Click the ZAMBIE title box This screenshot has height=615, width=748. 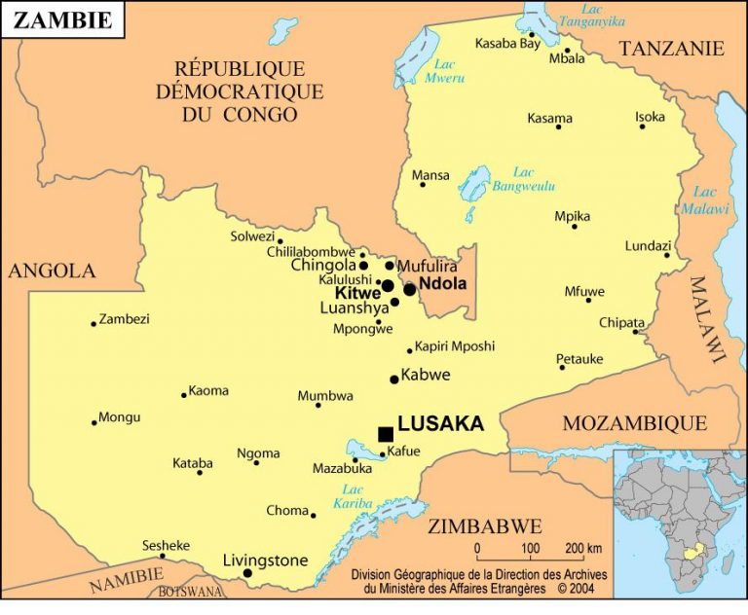tap(62, 19)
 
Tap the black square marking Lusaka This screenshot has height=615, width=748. tap(386, 433)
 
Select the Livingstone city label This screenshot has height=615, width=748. tap(265, 561)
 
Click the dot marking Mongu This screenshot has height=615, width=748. tap(94, 422)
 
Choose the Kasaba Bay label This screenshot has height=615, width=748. tap(506, 44)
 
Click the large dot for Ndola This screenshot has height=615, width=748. tap(410, 289)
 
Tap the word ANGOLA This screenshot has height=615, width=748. tap(52, 271)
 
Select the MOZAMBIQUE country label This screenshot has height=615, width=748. tap(634, 423)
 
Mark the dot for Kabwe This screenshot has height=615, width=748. tap(394, 380)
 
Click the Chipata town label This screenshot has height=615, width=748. tap(621, 322)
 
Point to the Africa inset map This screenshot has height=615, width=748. tap(679, 525)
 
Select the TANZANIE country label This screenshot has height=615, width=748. tap(672, 49)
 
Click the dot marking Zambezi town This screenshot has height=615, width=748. tap(93, 323)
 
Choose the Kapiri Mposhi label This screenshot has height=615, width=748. tap(455, 345)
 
